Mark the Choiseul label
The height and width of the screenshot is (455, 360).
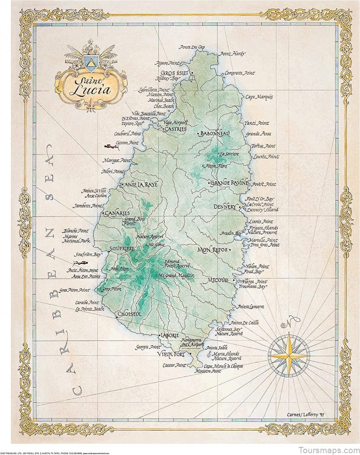[x=129, y=314]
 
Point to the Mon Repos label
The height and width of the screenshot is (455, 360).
[x=212, y=249]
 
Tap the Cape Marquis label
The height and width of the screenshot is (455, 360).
[x=259, y=97]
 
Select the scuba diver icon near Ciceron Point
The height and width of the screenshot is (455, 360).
[x=108, y=147]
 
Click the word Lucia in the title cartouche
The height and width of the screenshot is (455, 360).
[x=91, y=89]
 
